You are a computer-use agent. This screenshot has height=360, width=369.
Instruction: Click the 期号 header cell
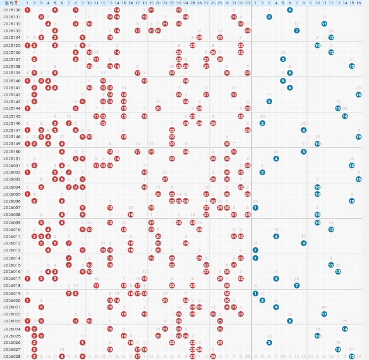click(12, 3)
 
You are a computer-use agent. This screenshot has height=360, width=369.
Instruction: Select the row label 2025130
click(12, 10)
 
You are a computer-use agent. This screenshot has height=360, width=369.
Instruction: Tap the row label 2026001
click(12, 165)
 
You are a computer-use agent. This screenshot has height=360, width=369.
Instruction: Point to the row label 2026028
click(12, 356)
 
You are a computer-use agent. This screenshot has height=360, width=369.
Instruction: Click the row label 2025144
click(12, 108)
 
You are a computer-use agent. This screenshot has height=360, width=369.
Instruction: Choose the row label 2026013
click(12, 250)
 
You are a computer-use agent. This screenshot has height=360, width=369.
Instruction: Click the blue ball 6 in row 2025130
click(290, 10)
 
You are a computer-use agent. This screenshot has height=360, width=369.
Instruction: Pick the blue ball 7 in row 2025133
click(297, 31)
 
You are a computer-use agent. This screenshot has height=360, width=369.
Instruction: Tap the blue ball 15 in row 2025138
click(352, 66)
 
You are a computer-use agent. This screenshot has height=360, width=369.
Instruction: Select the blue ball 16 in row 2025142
click(359, 95)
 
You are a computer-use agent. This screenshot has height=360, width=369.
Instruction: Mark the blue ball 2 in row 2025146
click(262, 123)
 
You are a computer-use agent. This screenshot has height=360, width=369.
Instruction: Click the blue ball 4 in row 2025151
click(276, 159)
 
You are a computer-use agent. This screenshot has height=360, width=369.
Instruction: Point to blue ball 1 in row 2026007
click(256, 207)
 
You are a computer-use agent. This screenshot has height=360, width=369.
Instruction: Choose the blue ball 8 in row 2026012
click(304, 243)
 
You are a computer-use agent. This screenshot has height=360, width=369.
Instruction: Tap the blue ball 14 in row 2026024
click(345, 329)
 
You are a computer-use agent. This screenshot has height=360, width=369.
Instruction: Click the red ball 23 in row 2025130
click(179, 10)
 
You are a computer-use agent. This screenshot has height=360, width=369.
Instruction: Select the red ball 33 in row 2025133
click(247, 31)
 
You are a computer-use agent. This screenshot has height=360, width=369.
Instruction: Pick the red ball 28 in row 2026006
click(213, 201)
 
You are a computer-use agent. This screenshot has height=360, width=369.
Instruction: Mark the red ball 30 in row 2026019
click(227, 293)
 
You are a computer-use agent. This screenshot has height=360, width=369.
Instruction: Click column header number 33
click(247, 3)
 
